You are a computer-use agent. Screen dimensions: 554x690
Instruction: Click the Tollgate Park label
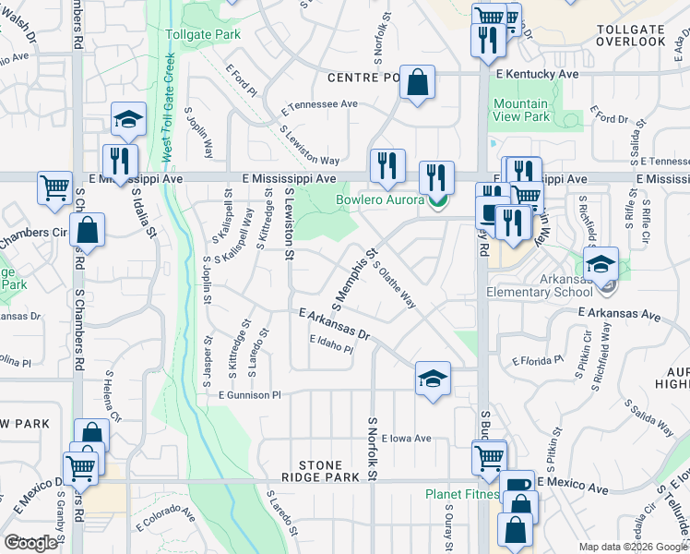[x=202, y=34]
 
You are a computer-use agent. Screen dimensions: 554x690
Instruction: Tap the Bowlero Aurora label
[x=379, y=199]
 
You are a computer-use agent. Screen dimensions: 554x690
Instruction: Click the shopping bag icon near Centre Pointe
[x=418, y=82]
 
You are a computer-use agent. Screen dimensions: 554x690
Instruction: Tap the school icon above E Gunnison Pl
[x=432, y=379]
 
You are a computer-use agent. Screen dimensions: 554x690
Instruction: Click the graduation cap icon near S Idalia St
[x=128, y=118]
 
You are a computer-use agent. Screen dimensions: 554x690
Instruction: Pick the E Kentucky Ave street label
[x=537, y=73]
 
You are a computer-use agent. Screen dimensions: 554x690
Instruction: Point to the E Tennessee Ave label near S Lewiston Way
[x=319, y=104]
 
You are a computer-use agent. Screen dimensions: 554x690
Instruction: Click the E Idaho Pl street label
[x=331, y=344]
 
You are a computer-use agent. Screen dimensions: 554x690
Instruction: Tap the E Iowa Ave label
[x=405, y=439]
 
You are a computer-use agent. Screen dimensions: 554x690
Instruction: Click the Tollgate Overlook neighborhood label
[x=631, y=36]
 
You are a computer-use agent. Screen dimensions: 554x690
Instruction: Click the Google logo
[x=30, y=543]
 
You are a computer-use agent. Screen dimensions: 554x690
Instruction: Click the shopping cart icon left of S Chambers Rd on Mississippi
[x=55, y=188]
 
